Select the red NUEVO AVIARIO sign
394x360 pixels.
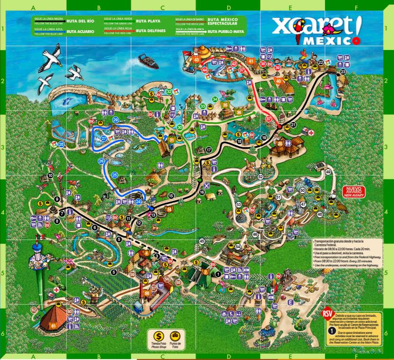[356, 191]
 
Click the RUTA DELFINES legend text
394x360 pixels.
[151, 31]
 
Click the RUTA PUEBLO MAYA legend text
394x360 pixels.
[225, 32]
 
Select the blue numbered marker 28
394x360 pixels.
[61, 144]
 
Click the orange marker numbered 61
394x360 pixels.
[54, 325]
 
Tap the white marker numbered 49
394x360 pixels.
[328, 172]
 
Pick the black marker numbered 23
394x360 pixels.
[343, 72]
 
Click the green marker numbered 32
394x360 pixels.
[169, 91]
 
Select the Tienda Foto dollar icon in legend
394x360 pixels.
[158, 335]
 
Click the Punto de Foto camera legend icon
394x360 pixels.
[174, 335]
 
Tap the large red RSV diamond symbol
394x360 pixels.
[327, 314]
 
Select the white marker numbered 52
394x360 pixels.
[261, 176]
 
